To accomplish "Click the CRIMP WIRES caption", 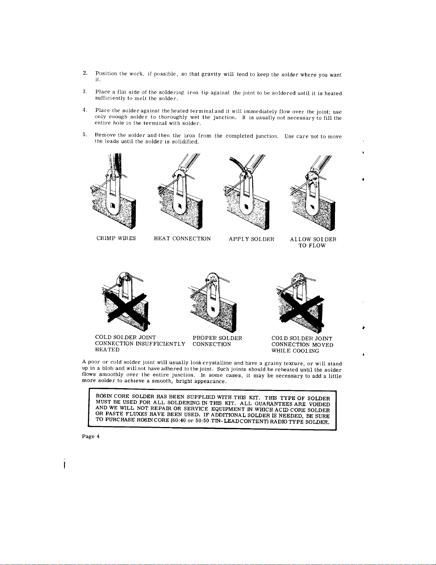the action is click(x=116, y=238).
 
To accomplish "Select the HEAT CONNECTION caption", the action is click(x=182, y=238).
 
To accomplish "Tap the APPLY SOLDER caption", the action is click(x=252, y=239).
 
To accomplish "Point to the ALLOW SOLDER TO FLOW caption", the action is click(x=313, y=242).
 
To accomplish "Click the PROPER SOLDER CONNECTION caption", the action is click(x=217, y=341).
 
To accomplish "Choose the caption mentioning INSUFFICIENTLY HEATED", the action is click(x=140, y=344).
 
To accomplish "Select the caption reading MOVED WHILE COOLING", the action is click(x=302, y=344).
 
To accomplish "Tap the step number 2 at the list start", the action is click(x=85, y=73).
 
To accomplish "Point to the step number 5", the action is click(x=84, y=134).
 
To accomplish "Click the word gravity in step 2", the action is click(x=211, y=74).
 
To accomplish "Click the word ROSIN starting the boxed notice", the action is click(x=104, y=396).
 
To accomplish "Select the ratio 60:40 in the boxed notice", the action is click(x=179, y=420).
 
